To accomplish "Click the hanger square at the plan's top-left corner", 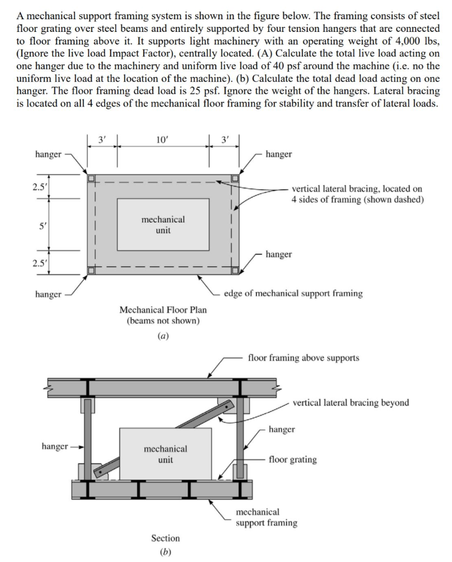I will [92, 178].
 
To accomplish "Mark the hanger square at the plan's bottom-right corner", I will [234, 270].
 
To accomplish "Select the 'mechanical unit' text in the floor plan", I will [163, 224].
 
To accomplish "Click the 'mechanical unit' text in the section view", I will [165, 454].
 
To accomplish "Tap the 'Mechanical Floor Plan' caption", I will [163, 310].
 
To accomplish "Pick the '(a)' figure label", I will [163, 336].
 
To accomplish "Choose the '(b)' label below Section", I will [165, 552].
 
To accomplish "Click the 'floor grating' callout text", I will [292, 459].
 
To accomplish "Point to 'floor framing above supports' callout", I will [303, 358].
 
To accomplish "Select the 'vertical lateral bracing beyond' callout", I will [351, 403].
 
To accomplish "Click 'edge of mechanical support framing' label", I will [293, 293].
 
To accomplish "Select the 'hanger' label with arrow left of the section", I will [55, 446].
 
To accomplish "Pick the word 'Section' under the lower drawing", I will [165, 538].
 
